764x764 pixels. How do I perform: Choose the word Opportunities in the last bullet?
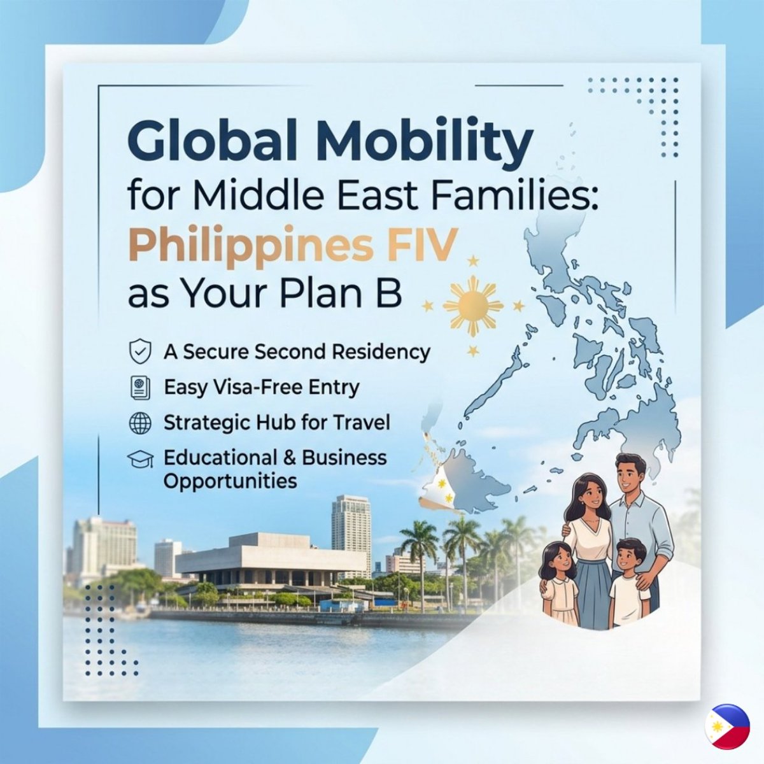pos(230,480)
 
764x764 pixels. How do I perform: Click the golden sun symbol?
pos(472,306)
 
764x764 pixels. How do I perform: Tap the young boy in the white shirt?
pos(630,583)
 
